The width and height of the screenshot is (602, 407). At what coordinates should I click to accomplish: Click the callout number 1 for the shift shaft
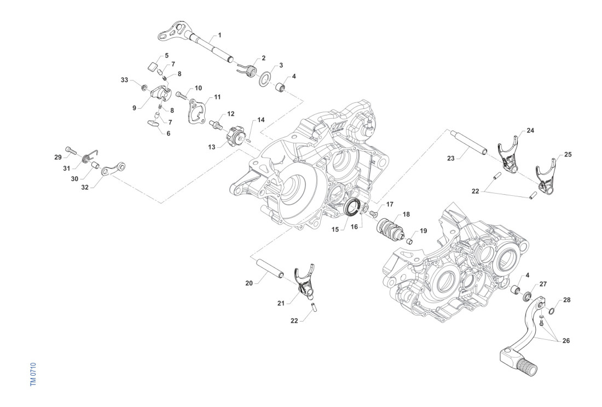(219, 35)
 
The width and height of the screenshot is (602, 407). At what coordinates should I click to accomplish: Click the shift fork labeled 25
(546, 173)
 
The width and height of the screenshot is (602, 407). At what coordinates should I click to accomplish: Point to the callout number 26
(566, 341)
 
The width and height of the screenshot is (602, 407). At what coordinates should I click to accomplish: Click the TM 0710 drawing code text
(33, 374)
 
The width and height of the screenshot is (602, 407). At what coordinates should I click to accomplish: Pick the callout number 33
(125, 80)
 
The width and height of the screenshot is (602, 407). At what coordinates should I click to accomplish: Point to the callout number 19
(423, 230)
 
